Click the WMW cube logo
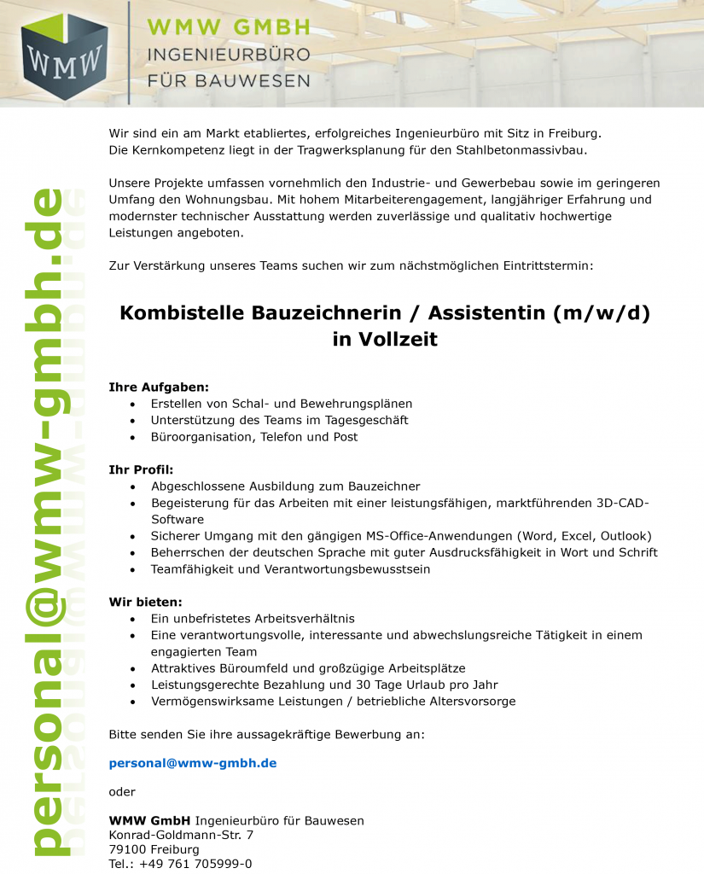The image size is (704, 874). [x=64, y=57]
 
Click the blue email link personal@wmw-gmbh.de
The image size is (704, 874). [x=193, y=763]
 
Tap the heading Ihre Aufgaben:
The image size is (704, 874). [x=159, y=387]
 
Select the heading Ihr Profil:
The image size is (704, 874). [x=141, y=469]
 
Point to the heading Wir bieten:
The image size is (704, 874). [x=145, y=602]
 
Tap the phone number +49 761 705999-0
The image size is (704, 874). [x=195, y=864]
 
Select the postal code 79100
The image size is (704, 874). [x=127, y=849]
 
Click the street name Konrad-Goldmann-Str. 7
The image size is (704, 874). [x=181, y=835]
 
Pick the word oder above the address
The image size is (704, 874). [x=122, y=792]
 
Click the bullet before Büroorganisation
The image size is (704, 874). [x=132, y=437]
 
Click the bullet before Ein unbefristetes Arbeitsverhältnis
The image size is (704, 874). [x=132, y=619]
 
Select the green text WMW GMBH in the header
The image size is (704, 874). [x=230, y=28]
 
